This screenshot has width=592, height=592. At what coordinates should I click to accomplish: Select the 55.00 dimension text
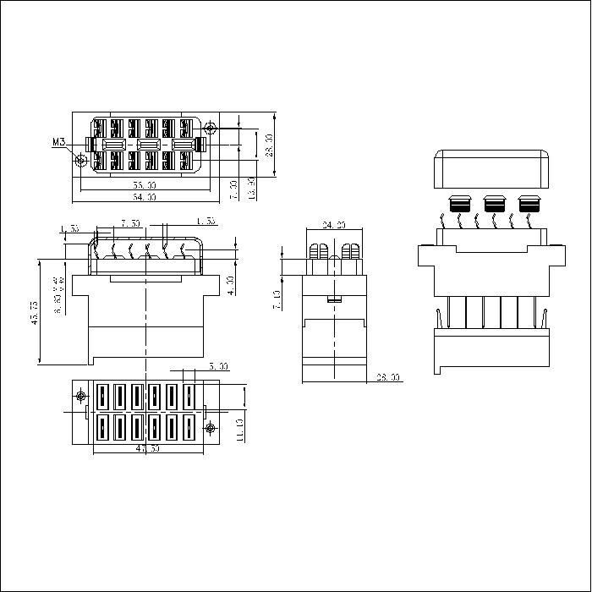click(145, 184)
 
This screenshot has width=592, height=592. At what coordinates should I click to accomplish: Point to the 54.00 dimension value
click(145, 197)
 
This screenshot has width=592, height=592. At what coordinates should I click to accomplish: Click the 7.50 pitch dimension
click(130, 224)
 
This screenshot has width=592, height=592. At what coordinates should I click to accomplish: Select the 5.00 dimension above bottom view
click(218, 367)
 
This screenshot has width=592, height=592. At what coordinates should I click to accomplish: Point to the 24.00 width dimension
click(335, 226)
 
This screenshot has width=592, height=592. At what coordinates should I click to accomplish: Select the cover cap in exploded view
click(491, 168)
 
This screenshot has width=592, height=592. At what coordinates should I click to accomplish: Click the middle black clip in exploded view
click(495, 204)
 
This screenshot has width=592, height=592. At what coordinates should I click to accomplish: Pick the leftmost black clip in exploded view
click(461, 204)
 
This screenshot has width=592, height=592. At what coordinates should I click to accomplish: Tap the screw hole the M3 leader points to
click(82, 161)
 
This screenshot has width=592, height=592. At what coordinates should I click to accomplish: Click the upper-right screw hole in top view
click(209, 129)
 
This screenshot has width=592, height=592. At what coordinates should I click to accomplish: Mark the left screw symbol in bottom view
click(81, 397)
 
